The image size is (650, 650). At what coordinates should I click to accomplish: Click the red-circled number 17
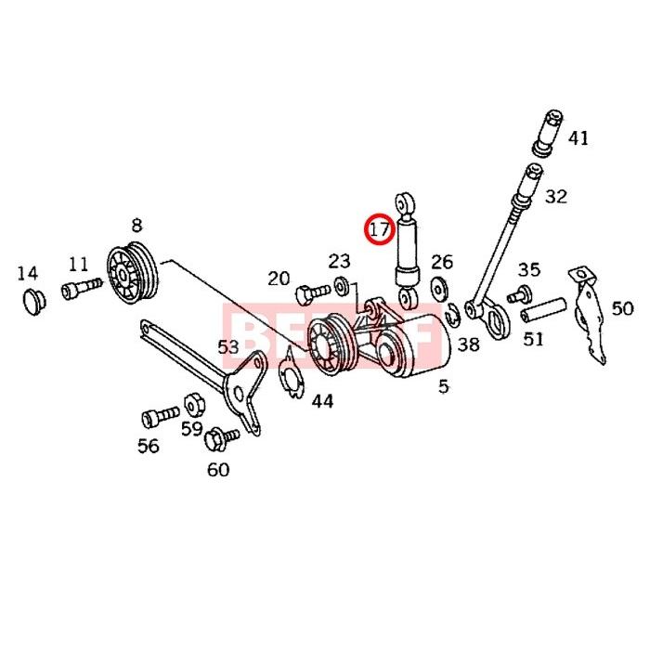tap(378, 227)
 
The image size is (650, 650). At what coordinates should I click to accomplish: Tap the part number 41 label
tap(578, 138)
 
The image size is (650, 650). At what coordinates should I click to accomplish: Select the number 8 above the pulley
tap(136, 225)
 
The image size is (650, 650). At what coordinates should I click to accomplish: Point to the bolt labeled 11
tap(82, 290)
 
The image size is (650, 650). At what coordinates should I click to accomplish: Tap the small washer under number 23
tap(342, 284)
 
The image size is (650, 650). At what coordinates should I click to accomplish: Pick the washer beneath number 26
tap(440, 288)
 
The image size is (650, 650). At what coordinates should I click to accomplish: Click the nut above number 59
tap(194, 404)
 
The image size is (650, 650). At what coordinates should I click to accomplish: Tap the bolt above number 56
tap(159, 413)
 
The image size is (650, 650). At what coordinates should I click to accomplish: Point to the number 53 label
tap(228, 346)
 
